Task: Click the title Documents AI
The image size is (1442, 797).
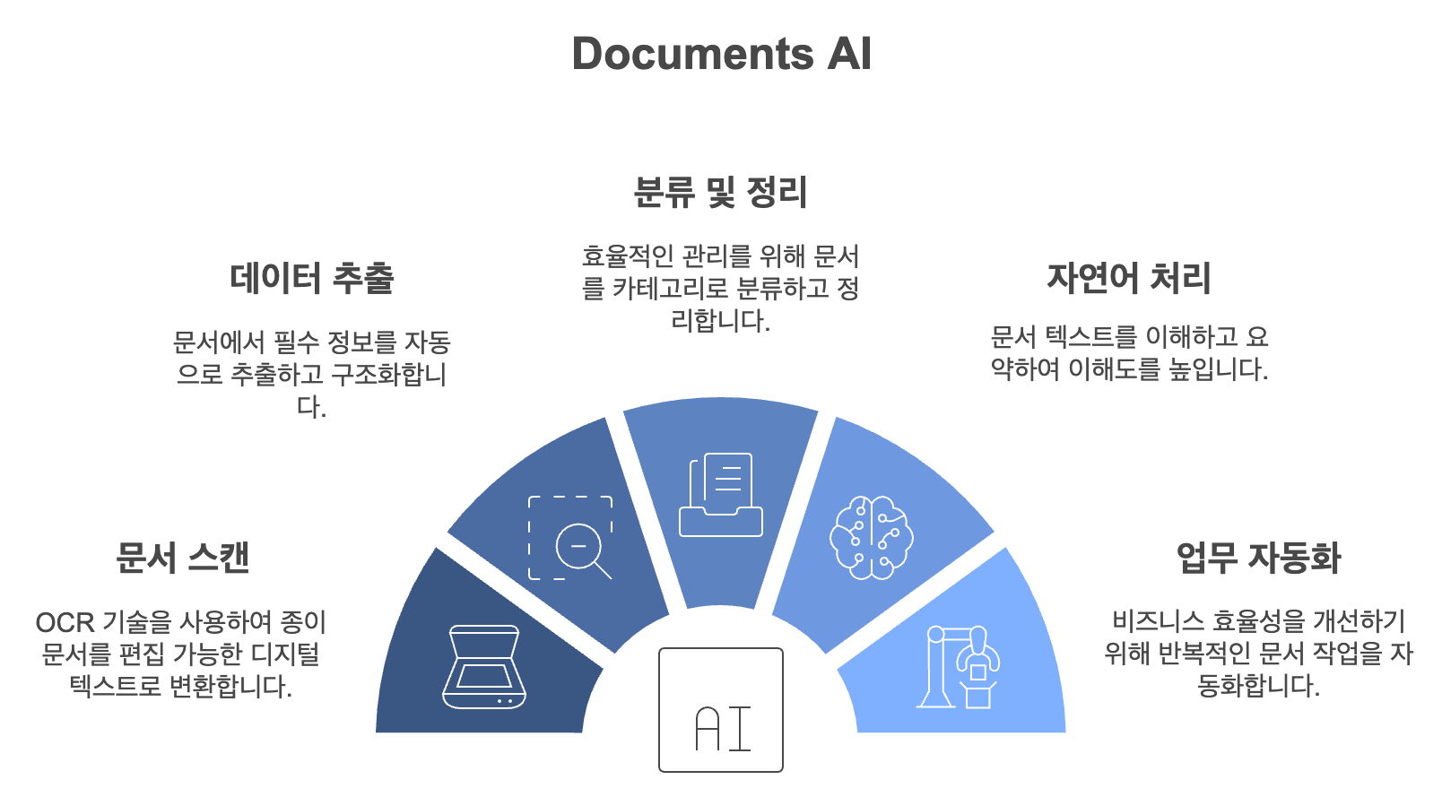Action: (x=721, y=54)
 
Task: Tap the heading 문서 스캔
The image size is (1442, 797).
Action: (x=182, y=558)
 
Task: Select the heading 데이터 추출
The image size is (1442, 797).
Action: (x=311, y=278)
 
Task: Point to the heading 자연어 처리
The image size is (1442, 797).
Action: (x=1128, y=278)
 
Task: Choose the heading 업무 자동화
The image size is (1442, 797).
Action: (x=1258, y=558)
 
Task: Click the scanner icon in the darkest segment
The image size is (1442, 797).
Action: (x=484, y=667)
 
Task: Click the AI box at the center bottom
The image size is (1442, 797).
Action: (x=721, y=710)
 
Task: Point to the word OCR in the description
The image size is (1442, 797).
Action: (x=65, y=622)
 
